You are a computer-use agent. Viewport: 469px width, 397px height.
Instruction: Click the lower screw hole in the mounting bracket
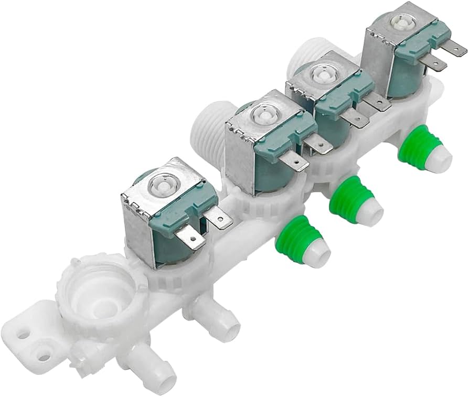pyautogui.click(x=44, y=358)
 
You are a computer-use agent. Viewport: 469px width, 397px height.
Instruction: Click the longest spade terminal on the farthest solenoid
pyautogui.click(x=454, y=50)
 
